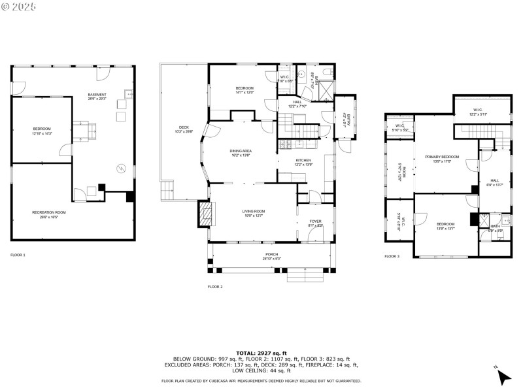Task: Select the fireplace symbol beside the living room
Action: point(205,214)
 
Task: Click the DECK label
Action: point(184,129)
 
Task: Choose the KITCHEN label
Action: point(303,162)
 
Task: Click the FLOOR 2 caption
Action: point(215,287)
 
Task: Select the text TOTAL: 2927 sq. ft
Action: point(261,353)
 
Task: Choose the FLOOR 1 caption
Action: point(18,254)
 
